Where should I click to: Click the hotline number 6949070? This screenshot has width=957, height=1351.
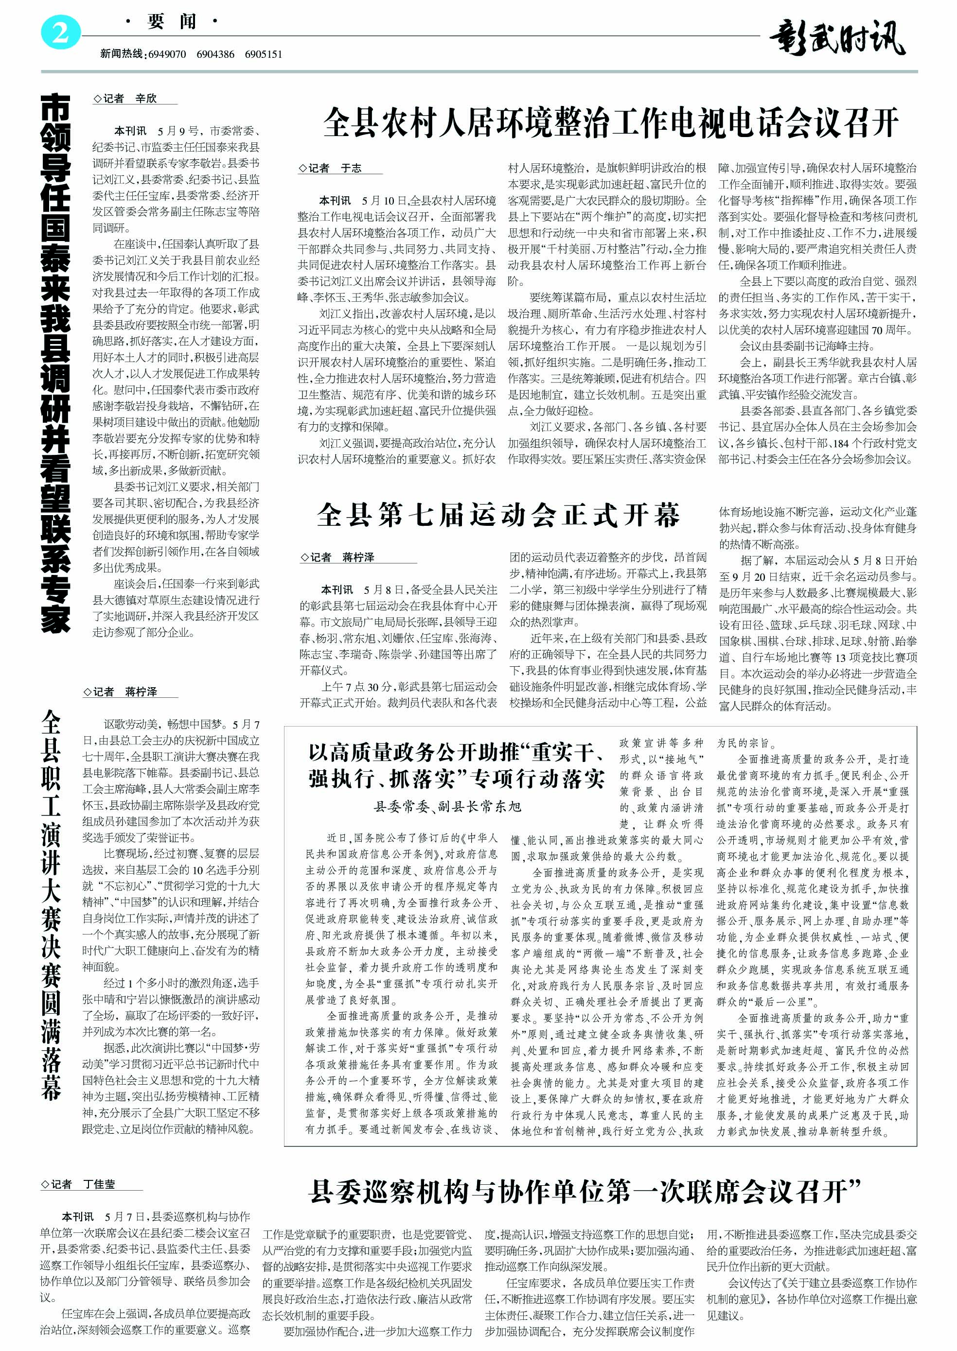(x=167, y=54)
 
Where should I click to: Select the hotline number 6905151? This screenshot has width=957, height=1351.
(x=264, y=54)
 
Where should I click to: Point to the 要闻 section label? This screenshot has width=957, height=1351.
(x=172, y=22)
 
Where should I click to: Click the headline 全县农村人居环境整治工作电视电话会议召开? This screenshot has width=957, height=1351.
(x=610, y=122)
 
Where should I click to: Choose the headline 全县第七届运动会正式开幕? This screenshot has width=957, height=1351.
(x=498, y=515)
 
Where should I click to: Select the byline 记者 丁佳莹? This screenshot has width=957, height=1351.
(x=78, y=1184)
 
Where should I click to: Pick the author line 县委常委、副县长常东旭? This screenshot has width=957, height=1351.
(x=448, y=806)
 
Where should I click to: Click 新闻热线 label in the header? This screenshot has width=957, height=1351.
(x=122, y=54)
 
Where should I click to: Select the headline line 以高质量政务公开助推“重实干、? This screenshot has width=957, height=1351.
(x=456, y=752)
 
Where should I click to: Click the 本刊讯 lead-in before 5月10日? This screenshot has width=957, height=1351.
(x=335, y=201)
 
